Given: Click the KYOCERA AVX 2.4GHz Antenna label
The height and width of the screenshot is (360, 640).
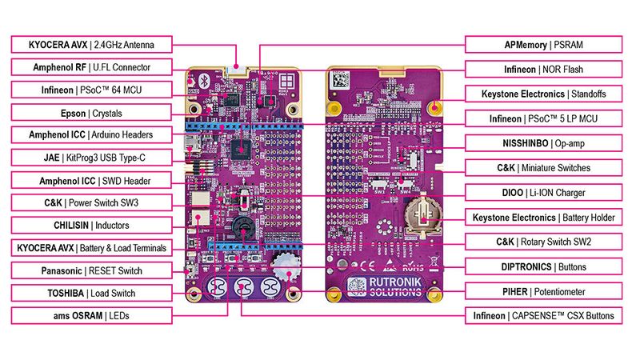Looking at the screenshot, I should click(90, 44).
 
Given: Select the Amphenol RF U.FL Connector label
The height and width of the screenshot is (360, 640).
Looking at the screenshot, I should click(90, 67).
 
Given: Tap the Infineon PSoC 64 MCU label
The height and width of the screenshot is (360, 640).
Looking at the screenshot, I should click(90, 90).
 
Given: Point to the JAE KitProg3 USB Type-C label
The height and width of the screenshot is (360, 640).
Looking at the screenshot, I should click(90, 158).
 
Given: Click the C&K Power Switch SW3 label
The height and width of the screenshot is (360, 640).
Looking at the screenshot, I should click(90, 202).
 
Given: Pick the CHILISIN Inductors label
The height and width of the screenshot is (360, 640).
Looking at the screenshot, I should click(90, 226).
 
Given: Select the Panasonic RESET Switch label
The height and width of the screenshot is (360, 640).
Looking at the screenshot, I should click(90, 270).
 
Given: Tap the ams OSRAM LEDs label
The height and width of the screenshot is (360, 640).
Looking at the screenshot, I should click(90, 316).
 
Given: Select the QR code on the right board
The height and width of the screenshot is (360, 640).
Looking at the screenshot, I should click(341, 79).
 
